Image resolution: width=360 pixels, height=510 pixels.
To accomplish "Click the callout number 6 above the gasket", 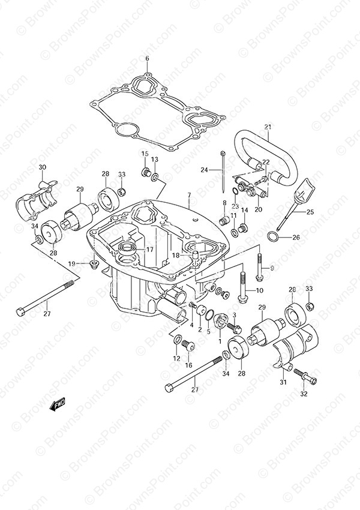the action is click(147, 59).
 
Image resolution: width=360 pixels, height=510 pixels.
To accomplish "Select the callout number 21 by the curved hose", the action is click(268, 127).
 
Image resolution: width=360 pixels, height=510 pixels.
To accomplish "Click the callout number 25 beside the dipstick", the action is click(310, 212).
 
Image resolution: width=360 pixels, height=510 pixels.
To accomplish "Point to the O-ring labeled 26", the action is click(274, 237).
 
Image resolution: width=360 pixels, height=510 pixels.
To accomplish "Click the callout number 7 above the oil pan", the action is click(189, 195).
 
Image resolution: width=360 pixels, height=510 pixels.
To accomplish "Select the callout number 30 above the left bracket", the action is click(43, 167).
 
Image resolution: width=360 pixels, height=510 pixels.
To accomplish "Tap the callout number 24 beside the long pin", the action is click(204, 169).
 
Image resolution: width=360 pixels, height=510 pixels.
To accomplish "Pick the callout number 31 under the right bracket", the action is click(283, 382).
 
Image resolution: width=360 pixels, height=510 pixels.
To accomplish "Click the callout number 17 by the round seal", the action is click(149, 250).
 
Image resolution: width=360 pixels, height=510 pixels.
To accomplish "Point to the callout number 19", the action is click(71, 263).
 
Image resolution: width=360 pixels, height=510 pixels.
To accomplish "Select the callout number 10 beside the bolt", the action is click(260, 290).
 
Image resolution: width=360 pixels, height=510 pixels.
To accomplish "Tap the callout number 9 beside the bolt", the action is click(272, 268).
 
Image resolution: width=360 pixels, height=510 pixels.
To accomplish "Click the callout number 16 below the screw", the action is click(188, 365).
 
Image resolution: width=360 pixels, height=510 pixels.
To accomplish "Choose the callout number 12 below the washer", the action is click(176, 358).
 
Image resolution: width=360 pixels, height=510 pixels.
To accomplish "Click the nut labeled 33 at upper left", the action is click(121, 191).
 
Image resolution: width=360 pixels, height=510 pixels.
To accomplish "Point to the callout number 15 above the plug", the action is click(145, 154).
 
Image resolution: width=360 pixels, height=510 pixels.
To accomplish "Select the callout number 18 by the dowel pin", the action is click(176, 256).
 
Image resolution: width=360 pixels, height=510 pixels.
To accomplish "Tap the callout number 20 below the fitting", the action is click(258, 209).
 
